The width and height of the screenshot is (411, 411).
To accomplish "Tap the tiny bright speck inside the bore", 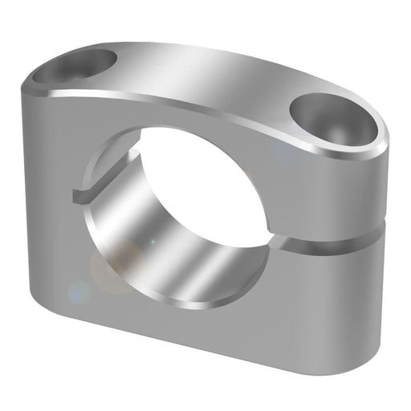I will point(150,241).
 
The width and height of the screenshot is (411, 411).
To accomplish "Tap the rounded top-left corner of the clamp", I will point(36,76).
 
